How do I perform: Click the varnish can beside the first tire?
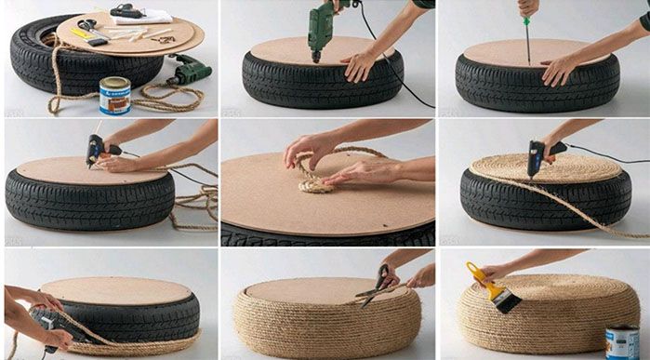(x=115, y=94)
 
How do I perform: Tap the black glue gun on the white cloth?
(x=127, y=11)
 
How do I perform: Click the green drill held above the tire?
(x=322, y=22)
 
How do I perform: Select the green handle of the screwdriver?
(x=527, y=8)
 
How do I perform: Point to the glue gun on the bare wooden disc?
(x=98, y=149)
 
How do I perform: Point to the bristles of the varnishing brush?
(x=507, y=302)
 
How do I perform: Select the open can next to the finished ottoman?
(x=621, y=340)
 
